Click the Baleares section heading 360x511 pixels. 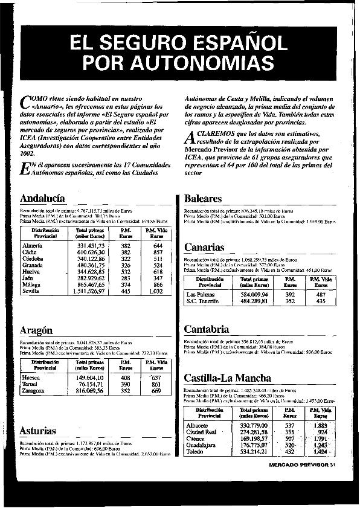203,198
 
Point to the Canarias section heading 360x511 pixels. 204,248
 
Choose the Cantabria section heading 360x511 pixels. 206,329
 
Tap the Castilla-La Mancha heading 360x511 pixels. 227,379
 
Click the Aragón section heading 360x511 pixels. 36,330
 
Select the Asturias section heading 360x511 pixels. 37,431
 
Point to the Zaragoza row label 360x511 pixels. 34,391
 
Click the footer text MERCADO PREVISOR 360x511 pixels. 298,465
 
